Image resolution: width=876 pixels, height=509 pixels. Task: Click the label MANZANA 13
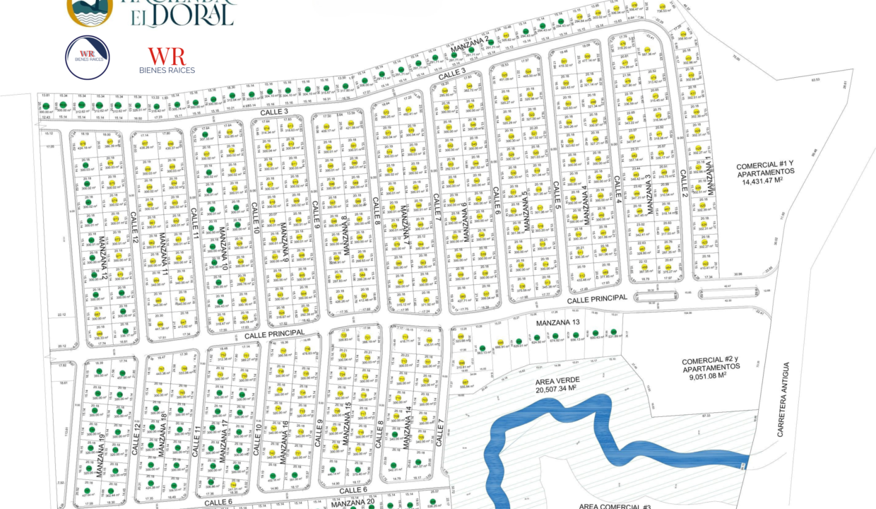(x=557, y=323)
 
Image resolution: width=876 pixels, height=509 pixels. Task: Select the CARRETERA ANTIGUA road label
(x=782, y=399)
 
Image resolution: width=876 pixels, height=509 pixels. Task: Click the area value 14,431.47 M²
(x=766, y=182)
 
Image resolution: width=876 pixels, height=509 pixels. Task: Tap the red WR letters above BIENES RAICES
(x=167, y=57)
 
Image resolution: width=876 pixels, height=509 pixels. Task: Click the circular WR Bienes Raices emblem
(x=87, y=57)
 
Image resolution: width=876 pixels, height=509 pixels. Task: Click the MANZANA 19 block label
(x=101, y=458)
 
